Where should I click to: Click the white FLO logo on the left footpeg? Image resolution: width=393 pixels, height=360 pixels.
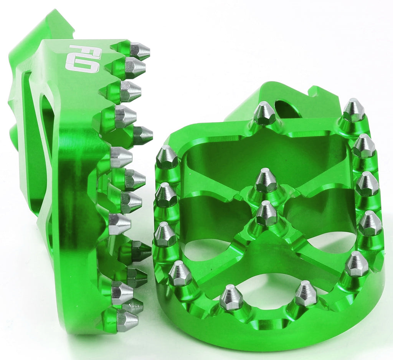83,58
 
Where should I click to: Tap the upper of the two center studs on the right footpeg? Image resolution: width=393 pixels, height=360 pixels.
266,181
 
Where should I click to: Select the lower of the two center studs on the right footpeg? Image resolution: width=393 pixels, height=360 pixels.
267,214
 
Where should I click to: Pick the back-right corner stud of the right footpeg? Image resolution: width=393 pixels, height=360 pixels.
353,111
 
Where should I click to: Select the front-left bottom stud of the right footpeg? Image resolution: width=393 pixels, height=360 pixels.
231,297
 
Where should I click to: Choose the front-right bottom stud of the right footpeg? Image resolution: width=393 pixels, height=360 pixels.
306,294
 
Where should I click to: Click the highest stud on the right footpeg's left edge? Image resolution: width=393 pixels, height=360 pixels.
167,158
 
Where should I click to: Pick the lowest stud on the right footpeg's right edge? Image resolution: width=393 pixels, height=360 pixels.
357,264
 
